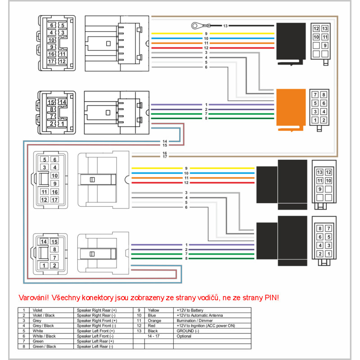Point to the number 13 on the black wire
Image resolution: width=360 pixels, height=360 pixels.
pos(225,26)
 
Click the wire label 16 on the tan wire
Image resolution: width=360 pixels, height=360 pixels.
pos(165,153)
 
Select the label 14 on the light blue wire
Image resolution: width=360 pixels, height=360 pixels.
pos(165,142)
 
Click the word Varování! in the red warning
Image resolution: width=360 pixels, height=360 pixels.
pos(34,297)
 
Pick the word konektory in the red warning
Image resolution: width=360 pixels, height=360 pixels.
pos(106,297)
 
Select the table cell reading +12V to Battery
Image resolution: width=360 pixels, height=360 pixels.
pos(189,310)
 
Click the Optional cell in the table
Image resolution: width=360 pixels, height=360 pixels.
pos(184,336)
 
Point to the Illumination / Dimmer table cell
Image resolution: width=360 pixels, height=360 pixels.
pos(193,320)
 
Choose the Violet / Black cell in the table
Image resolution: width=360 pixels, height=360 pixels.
pos(43,315)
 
